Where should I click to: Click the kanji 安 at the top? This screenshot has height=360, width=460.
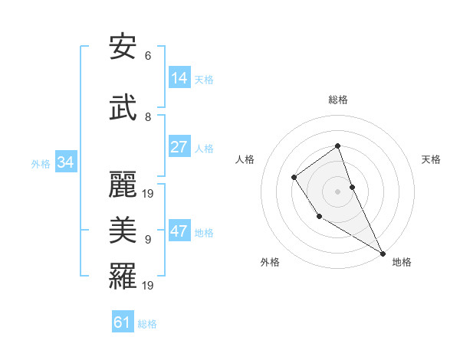tap(123, 47)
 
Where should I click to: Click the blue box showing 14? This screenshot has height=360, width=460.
tap(179, 78)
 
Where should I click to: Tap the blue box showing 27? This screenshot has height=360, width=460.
tap(179, 147)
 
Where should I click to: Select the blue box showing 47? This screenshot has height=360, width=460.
tap(179, 231)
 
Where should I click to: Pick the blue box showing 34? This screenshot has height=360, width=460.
tap(65, 162)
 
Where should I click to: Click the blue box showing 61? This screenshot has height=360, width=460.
tap(123, 322)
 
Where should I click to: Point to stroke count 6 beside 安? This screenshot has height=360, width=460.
tap(148, 56)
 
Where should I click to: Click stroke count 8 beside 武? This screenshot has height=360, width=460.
tap(148, 117)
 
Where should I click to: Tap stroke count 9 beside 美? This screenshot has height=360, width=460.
tap(148, 240)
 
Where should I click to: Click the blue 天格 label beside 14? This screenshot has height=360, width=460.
tap(204, 79)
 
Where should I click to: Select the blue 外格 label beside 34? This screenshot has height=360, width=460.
tap(41, 163)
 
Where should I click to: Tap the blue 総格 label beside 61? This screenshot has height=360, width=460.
tap(147, 323)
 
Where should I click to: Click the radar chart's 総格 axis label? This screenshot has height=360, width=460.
tap(337, 100)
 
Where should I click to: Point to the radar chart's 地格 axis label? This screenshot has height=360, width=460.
tap(402, 262)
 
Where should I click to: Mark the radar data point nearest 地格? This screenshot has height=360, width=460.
tap(383, 253)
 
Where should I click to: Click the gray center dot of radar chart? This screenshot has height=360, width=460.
tap(337, 191)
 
